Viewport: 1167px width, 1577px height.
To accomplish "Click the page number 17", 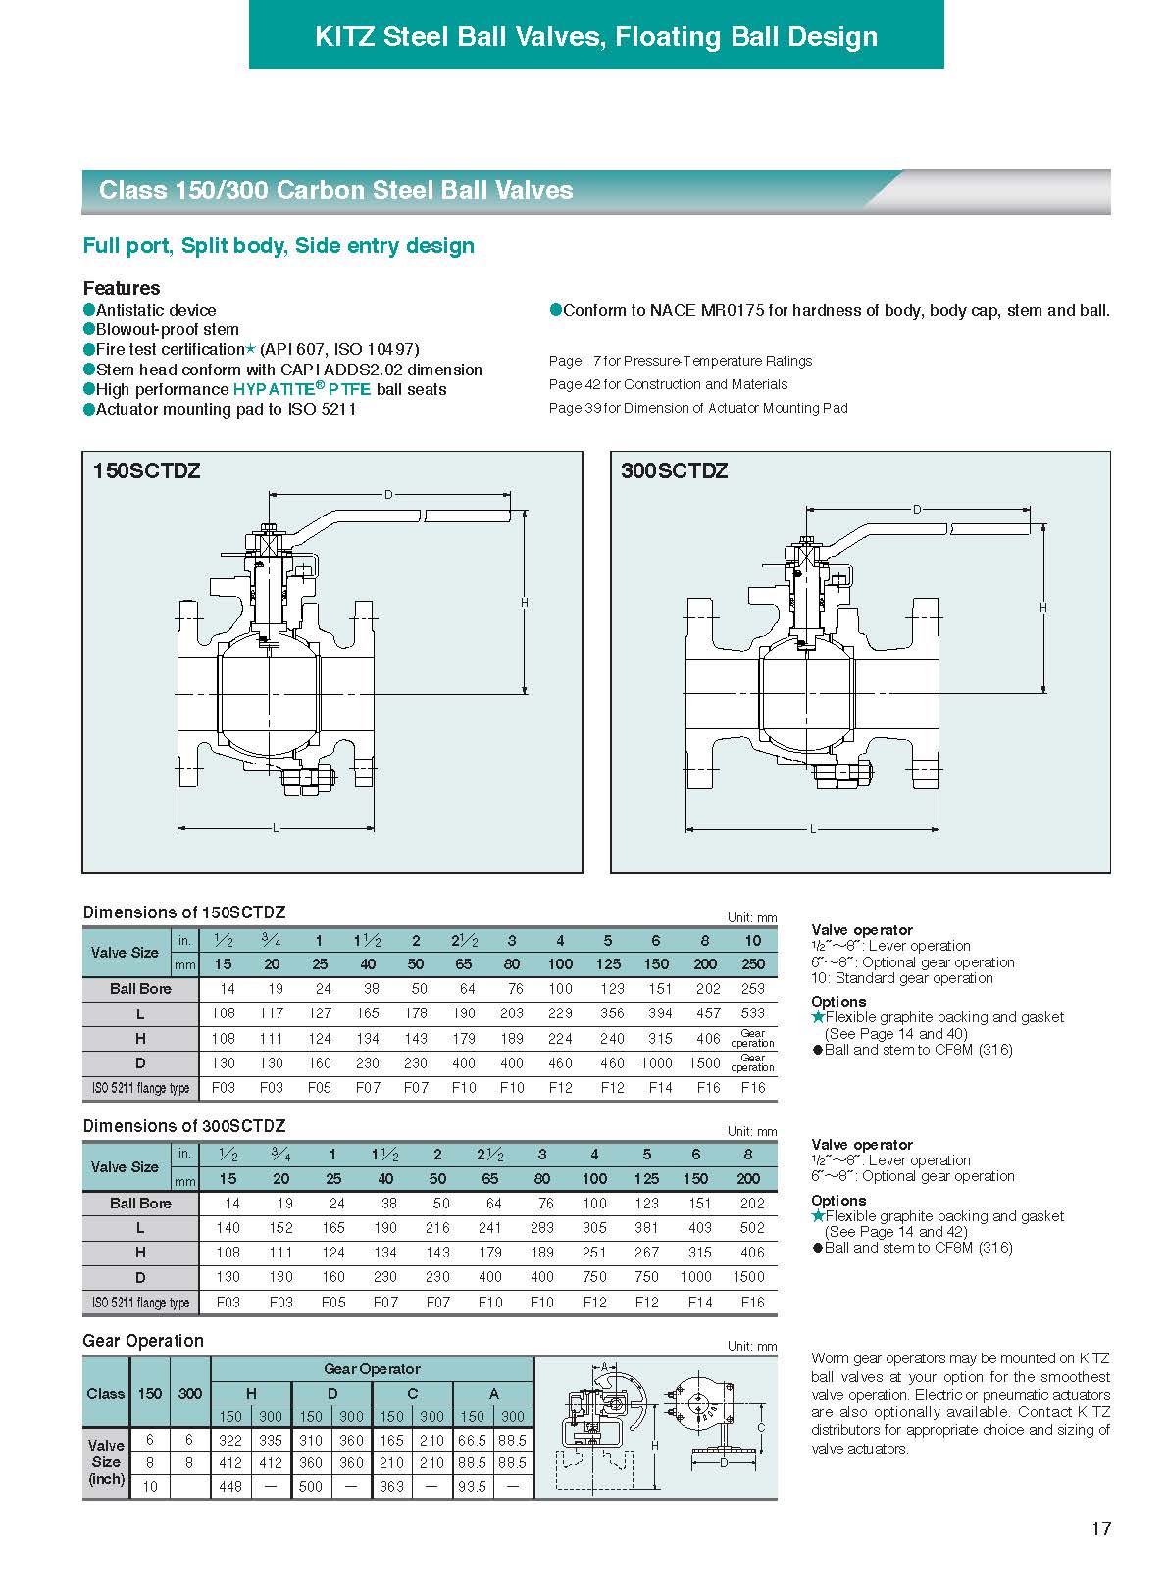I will [1101, 1528].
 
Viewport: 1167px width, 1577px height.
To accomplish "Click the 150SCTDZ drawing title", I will [146, 470].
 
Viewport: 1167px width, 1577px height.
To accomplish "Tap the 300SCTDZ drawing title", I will [675, 470].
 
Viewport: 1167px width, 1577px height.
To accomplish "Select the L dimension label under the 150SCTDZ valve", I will [276, 829].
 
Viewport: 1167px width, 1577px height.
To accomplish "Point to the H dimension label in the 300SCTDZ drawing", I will [1043, 608].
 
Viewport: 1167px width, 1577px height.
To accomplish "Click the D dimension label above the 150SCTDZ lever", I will [388, 495].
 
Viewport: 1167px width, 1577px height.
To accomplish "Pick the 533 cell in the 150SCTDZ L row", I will [752, 1013].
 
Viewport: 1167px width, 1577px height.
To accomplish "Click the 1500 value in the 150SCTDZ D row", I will [704, 1063].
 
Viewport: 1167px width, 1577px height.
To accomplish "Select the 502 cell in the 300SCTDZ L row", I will [748, 1228].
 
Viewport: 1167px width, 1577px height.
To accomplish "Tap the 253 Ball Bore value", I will [752, 989].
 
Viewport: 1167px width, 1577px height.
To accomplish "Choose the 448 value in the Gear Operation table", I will [230, 1487].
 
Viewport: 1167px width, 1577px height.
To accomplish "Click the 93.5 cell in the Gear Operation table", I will [473, 1487].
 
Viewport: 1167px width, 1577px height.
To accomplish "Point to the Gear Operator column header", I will [372, 1369].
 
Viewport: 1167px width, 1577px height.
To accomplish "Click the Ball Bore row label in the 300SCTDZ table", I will [140, 1204].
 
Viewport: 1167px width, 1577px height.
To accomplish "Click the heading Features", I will [122, 288].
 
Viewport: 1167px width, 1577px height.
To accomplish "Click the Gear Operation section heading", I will [143, 1341].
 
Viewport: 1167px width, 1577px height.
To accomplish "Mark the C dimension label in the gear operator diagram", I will [761, 1428].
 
